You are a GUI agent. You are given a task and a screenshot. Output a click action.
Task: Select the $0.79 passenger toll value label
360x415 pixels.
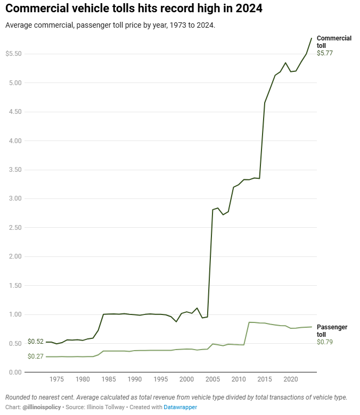[x=324, y=342]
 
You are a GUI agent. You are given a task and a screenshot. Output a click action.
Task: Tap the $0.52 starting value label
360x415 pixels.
[x=35, y=342]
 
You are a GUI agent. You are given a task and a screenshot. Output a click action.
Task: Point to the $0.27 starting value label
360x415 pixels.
[x=35, y=356]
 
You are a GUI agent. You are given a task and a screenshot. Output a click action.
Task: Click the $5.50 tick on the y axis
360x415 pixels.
[x=13, y=54]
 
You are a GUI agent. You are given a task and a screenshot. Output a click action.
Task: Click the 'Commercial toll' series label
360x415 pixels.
[x=334, y=41]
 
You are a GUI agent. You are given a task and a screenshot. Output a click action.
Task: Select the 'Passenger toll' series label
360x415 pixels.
[x=333, y=330]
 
